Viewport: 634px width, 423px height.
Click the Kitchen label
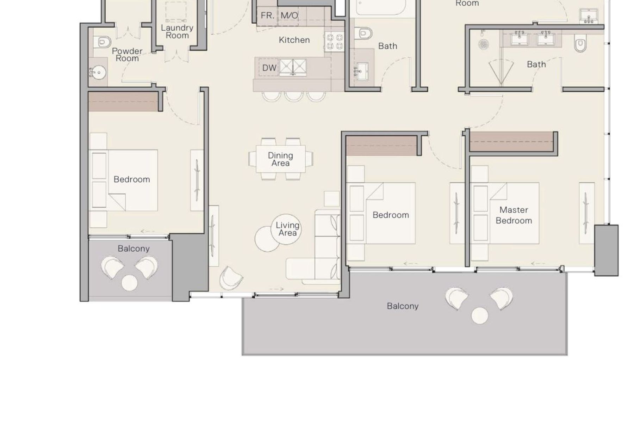[x=294, y=40]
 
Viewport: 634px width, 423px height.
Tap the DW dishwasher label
[x=269, y=68]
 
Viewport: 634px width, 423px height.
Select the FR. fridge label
[x=267, y=16]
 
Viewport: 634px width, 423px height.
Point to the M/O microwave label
[x=289, y=16]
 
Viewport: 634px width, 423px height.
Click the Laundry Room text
[x=177, y=31]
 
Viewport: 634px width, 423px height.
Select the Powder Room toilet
[x=102, y=42]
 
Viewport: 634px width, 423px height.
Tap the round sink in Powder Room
[x=99, y=73]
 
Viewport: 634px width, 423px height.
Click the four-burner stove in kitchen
[x=334, y=41]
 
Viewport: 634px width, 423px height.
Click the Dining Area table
[x=280, y=159]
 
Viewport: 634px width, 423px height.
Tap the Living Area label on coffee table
[x=287, y=229]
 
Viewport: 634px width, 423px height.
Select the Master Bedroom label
[x=514, y=215]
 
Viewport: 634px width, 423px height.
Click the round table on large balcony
[x=479, y=315]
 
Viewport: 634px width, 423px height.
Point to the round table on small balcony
[x=129, y=283]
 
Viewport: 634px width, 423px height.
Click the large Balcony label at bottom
[x=402, y=306]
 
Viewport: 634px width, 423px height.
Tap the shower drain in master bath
[x=484, y=44]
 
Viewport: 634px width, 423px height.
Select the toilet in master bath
[x=580, y=44]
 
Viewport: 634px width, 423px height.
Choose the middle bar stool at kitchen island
[x=294, y=96]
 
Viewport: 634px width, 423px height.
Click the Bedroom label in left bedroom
[x=132, y=179]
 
